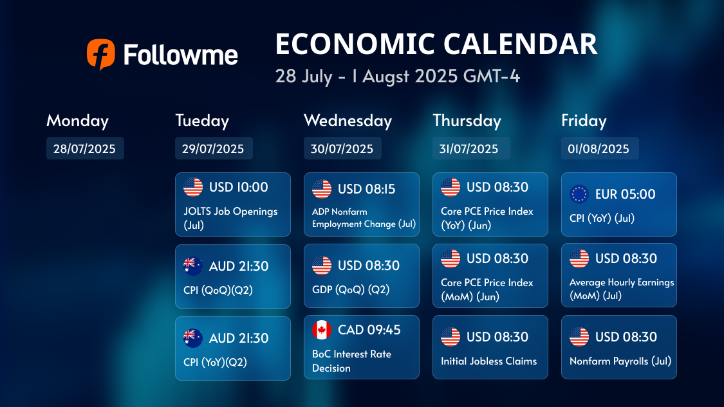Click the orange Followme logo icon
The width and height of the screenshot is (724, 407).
pos(100,54)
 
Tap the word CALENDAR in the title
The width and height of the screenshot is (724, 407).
pos(520,44)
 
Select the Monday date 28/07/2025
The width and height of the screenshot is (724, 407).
pos(84,149)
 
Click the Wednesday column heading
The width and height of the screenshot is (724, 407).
pos(348,120)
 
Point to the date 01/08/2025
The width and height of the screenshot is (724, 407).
pos(599,149)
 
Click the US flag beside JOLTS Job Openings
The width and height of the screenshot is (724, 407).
pos(193,187)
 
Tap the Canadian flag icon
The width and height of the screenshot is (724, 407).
pos(321,330)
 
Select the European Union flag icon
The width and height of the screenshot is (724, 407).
pos(579,194)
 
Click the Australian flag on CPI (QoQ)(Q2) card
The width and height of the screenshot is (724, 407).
pos(193,266)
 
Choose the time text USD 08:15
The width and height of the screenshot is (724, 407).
pos(367,189)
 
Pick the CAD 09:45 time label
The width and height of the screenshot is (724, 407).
pos(369,330)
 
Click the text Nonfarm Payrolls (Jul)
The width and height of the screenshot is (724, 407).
pos(620,361)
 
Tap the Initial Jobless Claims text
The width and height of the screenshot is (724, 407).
pos(488,361)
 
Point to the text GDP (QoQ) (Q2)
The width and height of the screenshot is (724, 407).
pos(351,289)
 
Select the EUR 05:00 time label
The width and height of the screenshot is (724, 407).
pos(625,194)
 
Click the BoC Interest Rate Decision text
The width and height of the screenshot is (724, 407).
pos(351,361)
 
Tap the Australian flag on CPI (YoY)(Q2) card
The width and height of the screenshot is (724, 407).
pos(193,338)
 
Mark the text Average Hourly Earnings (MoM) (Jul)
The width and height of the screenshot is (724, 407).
pos(622,289)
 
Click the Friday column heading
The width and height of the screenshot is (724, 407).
pos(584,120)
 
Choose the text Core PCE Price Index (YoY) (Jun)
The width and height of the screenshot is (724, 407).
pos(487,218)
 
